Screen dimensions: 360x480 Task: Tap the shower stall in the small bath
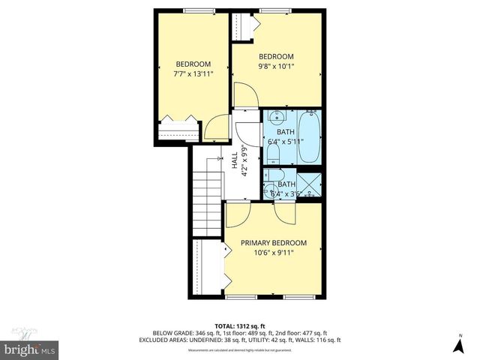[x=309, y=184]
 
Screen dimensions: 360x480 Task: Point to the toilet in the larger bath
[x=274, y=154]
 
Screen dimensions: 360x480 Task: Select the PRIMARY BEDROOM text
[x=273, y=243]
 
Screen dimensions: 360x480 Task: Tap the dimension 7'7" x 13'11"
[x=193, y=73]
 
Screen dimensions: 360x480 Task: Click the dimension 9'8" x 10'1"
[x=276, y=66]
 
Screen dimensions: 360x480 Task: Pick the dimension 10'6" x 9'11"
[x=273, y=253]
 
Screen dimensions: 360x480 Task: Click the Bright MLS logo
[x=29, y=349]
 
